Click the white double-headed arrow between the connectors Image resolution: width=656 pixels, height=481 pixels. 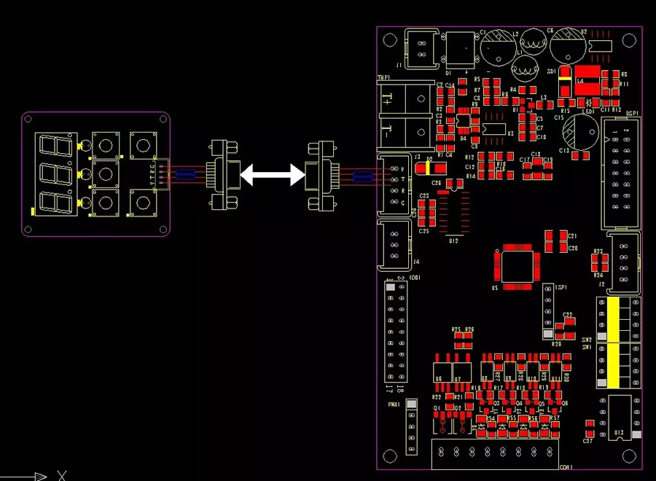coord(272,174)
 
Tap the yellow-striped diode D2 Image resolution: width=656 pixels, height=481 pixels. coord(423,168)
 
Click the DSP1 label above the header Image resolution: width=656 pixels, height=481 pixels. coord(632,113)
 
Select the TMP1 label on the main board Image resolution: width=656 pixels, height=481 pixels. coord(383,77)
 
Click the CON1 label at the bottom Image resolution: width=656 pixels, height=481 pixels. coord(565,466)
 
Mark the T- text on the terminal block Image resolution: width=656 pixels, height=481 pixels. coord(386,132)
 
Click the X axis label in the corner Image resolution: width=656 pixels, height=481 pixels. coord(62,476)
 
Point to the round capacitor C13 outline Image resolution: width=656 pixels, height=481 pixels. coord(580,133)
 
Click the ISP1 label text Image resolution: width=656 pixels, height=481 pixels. coord(561,288)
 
